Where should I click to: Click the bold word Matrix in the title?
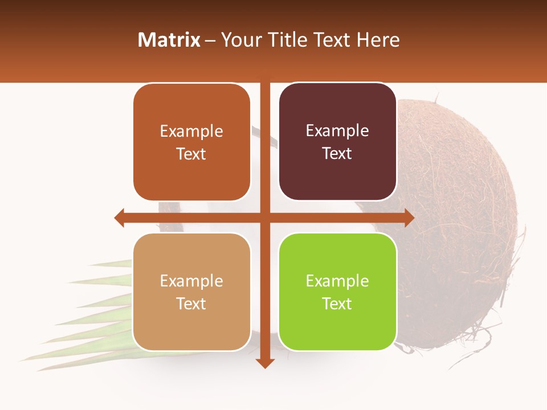coord(169,40)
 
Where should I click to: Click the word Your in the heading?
coord(240,40)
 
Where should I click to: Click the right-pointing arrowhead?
coord(409,218)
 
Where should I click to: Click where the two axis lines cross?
coord(265,218)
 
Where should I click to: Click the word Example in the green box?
coord(337,281)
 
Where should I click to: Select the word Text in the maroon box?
coord(337,154)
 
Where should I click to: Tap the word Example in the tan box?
coord(191,281)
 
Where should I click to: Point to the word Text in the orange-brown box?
coord(191,154)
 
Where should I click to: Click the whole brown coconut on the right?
coord(462,222)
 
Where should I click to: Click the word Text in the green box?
coord(337,304)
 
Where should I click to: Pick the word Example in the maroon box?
coord(337,131)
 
